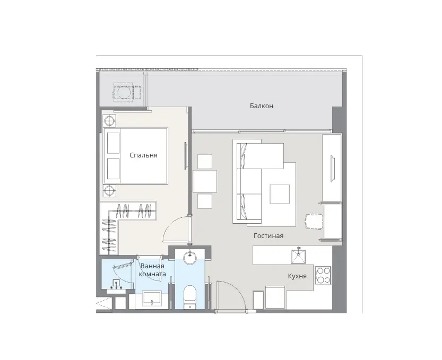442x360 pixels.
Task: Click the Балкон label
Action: point(261,106)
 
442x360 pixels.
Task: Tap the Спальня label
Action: point(143,155)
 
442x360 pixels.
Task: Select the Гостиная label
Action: point(268,236)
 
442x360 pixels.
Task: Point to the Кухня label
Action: point(297,276)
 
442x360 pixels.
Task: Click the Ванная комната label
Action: point(152,270)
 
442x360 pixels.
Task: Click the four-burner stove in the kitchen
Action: point(323,276)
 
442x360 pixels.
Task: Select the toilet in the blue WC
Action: point(189,297)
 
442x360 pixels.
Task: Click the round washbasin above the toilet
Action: point(190,258)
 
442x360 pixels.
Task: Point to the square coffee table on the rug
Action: point(280,194)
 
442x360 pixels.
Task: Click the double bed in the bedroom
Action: point(136,156)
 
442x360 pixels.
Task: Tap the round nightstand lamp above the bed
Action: point(109,121)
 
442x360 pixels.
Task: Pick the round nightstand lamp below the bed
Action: point(109,191)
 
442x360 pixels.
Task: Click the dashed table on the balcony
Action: point(124,92)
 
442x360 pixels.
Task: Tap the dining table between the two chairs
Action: point(205,181)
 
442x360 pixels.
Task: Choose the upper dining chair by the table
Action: point(205,162)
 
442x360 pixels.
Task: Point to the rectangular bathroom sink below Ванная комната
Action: point(152,299)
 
